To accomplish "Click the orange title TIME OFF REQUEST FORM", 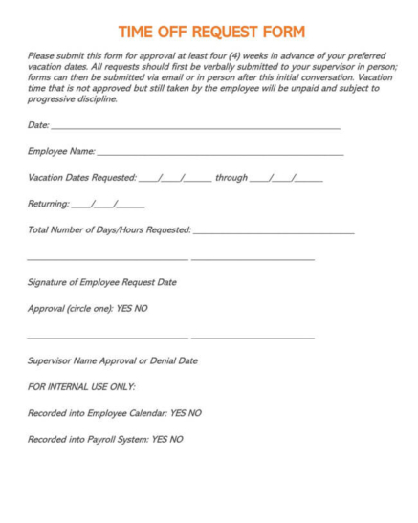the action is [211, 32].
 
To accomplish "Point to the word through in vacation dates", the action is [231, 178].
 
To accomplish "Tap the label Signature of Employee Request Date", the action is [101, 282].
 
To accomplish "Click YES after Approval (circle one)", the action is [125, 309].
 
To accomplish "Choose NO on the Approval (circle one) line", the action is [142, 309].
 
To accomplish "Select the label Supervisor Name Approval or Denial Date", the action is [113, 360].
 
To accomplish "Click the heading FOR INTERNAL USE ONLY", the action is [81, 386].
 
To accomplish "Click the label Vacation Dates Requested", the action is [81, 178].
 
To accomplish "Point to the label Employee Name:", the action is [61, 152].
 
